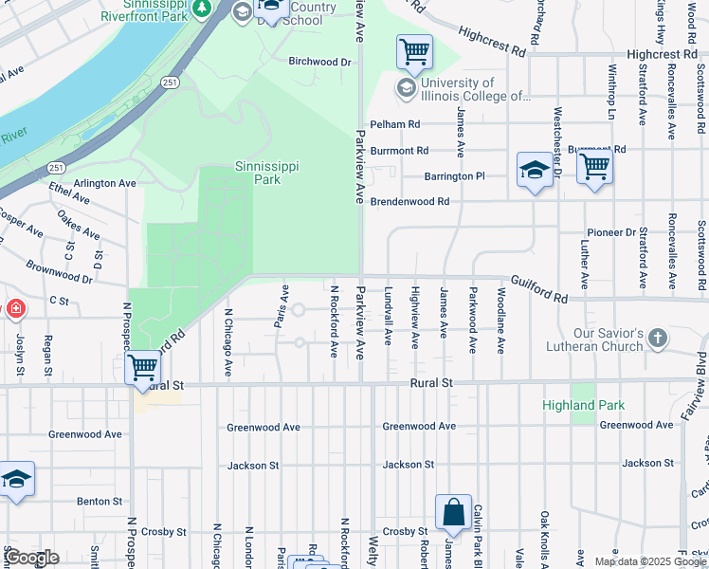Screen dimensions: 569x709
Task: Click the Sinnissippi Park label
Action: coord(266,173)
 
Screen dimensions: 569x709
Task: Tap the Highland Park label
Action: coord(583,405)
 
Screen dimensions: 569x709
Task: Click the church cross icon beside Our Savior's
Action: coord(658,338)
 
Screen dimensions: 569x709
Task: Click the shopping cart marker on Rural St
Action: coord(142,368)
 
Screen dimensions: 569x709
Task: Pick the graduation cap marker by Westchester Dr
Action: coord(535,171)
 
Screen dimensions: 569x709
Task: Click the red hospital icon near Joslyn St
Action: coord(15,309)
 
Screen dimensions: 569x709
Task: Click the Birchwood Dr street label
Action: coord(319,62)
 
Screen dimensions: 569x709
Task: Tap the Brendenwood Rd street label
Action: coord(409,201)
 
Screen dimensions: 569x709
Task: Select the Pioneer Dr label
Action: coord(610,232)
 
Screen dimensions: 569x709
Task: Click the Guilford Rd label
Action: coord(538,289)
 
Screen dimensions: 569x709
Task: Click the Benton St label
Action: coord(100,501)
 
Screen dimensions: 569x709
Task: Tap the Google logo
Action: coord(32,558)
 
